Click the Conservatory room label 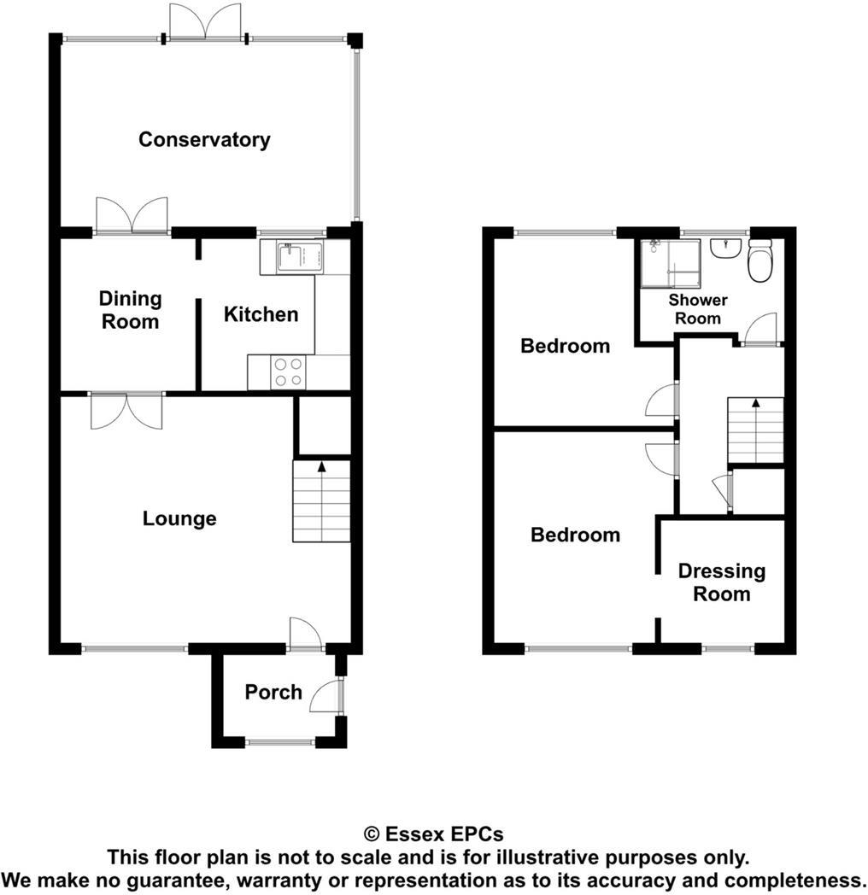click(204, 139)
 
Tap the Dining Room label click(130, 310)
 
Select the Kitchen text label click(261, 314)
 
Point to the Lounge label click(179, 518)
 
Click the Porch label click(273, 692)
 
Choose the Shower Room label click(698, 309)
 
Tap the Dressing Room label click(721, 582)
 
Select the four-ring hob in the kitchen click(288, 371)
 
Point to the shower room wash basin click(725, 248)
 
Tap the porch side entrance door click(327, 696)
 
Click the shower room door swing click(760, 330)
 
